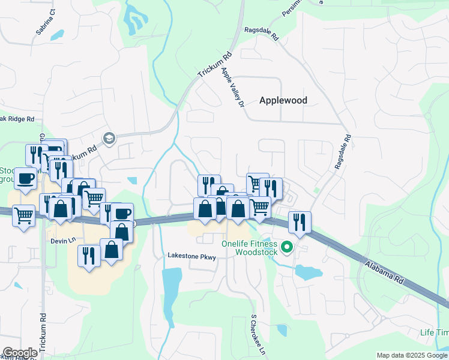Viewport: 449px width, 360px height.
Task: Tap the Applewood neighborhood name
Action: (x=283, y=101)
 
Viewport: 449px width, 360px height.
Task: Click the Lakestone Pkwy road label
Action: (x=190, y=256)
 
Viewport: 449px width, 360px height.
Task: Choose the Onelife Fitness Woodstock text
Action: (x=249, y=248)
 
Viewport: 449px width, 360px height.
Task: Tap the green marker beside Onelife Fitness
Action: (x=287, y=246)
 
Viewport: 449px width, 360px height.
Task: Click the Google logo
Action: (x=19, y=353)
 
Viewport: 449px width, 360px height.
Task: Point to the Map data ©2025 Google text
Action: (x=412, y=355)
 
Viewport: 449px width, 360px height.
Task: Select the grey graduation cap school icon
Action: (x=109, y=139)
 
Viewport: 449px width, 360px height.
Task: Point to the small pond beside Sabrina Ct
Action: (x=58, y=35)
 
